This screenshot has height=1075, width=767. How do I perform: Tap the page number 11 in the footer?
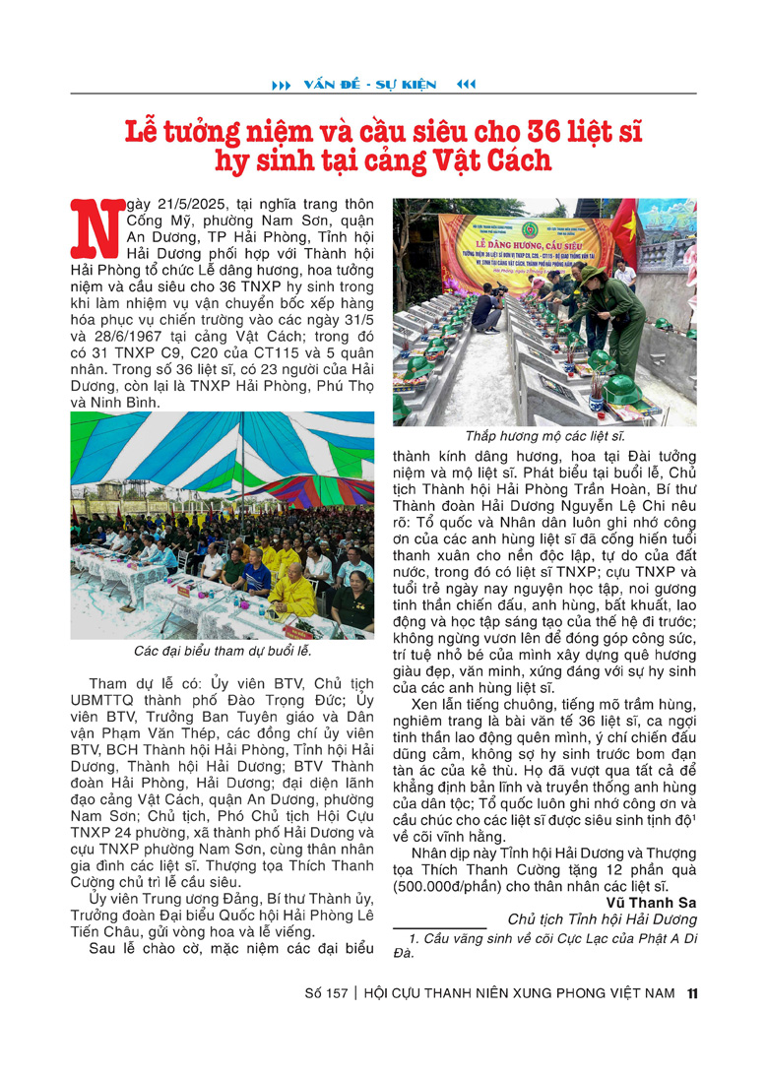coord(693,993)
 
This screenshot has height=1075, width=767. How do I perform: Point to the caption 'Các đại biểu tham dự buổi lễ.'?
coord(223,651)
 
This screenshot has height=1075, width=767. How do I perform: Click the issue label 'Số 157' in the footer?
coord(326,993)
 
